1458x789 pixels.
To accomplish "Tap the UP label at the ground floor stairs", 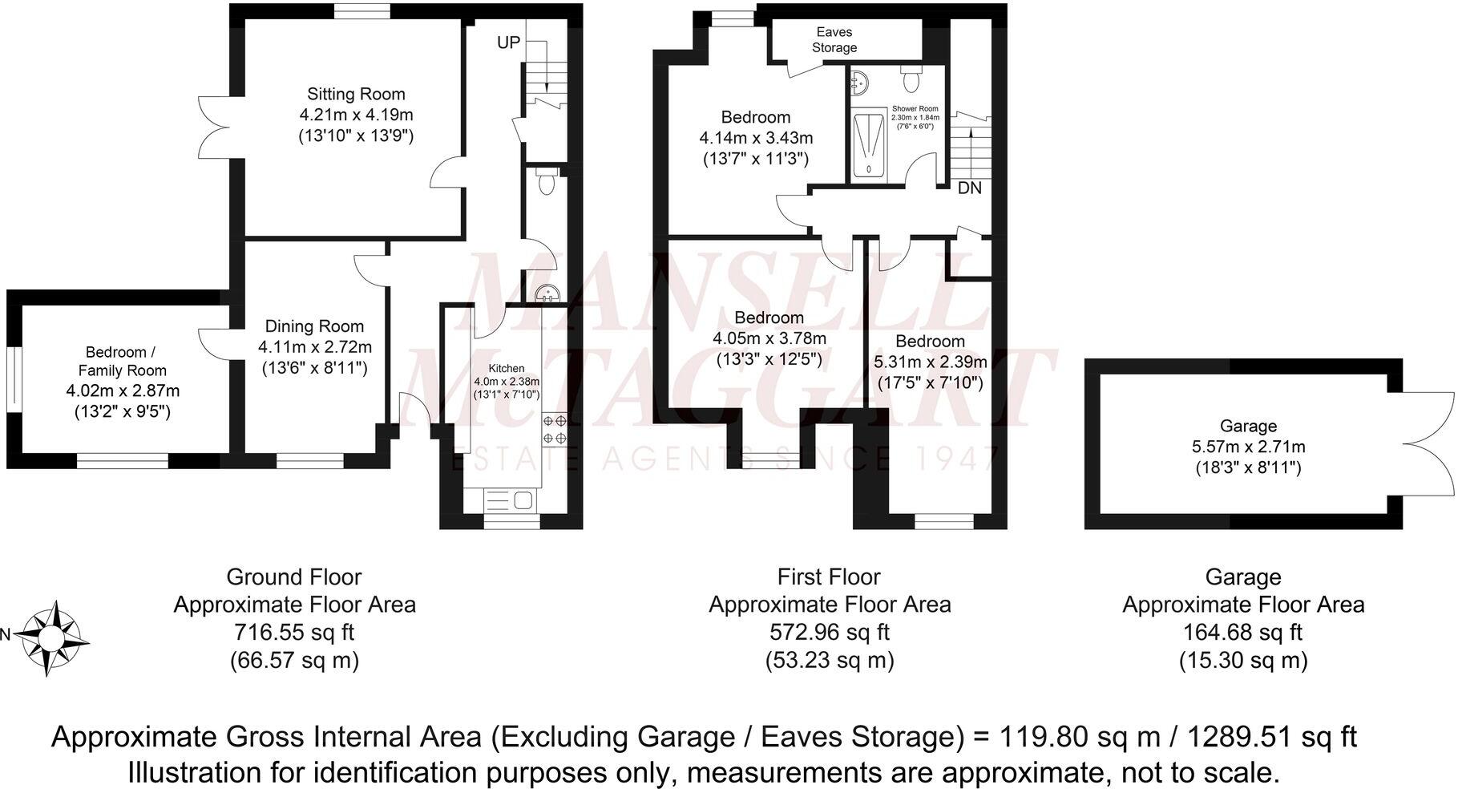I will click(508, 43).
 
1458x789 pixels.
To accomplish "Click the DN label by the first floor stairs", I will click(969, 188).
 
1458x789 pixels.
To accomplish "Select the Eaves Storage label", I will click(834, 40).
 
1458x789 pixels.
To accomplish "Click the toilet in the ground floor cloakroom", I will click(547, 183).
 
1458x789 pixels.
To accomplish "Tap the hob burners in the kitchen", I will click(555, 428).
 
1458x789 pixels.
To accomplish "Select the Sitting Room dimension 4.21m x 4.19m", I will click(356, 115).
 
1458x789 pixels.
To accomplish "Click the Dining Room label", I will click(314, 326).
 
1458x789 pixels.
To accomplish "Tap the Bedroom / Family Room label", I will click(123, 361).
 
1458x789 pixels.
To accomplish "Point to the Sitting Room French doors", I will click(212, 128).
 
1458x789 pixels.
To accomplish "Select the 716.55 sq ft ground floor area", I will click(294, 633).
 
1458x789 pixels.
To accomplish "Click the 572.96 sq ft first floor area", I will click(829, 633).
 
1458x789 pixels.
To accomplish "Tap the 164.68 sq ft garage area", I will click(1242, 633).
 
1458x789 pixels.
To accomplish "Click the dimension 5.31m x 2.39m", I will click(930, 362).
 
